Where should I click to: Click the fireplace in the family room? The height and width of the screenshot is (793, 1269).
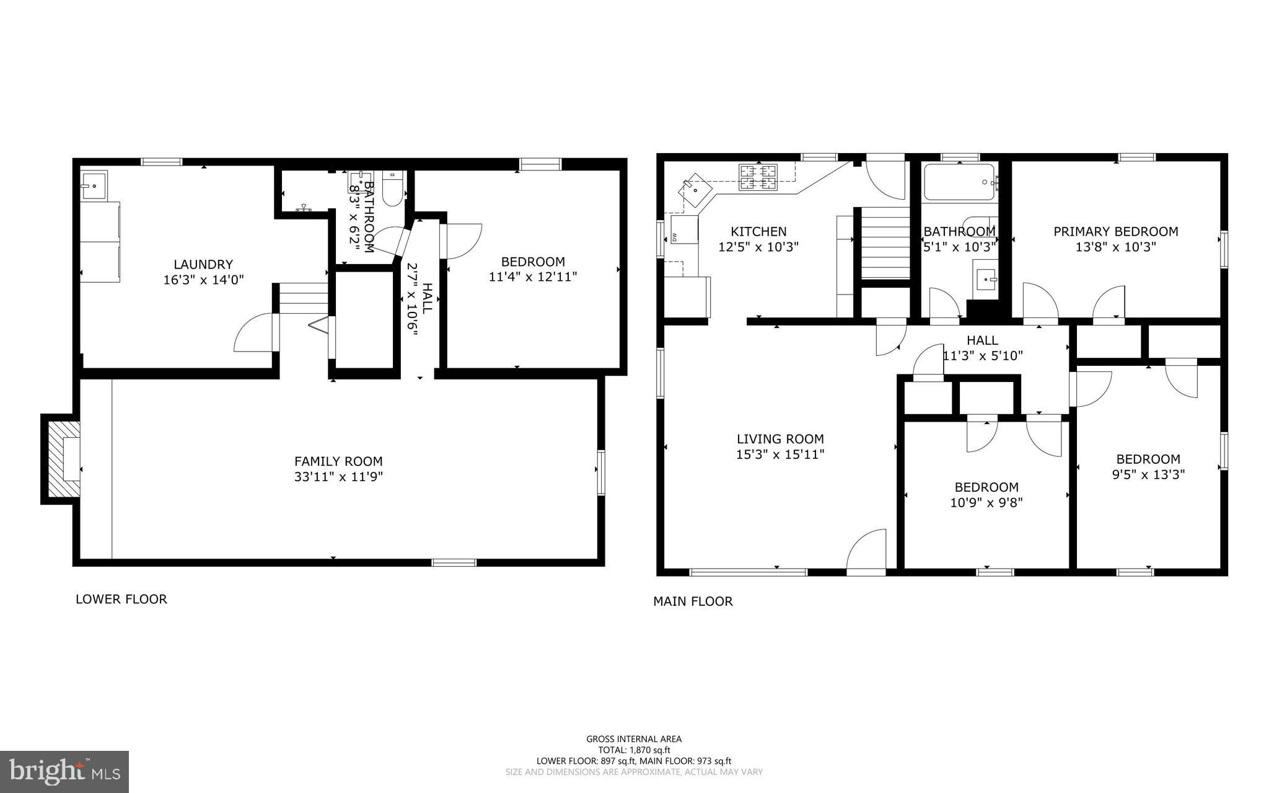pyautogui.click(x=64, y=459)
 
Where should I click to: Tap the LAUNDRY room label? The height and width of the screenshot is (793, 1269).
pyautogui.click(x=203, y=264)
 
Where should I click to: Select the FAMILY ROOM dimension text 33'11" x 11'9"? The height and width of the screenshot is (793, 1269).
pyautogui.click(x=338, y=477)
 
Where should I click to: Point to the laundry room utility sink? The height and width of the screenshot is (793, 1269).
pyautogui.click(x=94, y=184)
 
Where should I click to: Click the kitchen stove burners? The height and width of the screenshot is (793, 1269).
pyautogui.click(x=757, y=177)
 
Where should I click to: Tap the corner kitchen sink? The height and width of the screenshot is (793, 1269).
pyautogui.click(x=695, y=190)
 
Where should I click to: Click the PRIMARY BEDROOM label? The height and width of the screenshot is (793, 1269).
pyautogui.click(x=1115, y=231)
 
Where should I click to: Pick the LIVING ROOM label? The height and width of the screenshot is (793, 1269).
pyautogui.click(x=779, y=439)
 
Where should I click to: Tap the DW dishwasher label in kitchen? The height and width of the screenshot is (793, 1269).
pyautogui.click(x=674, y=236)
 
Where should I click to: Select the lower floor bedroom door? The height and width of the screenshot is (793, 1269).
pyautogui.click(x=463, y=242)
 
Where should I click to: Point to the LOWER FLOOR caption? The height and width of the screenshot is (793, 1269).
pyautogui.click(x=121, y=599)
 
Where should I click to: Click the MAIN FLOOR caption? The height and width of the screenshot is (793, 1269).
pyautogui.click(x=693, y=601)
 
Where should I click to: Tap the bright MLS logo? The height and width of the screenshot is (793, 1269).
pyautogui.click(x=64, y=771)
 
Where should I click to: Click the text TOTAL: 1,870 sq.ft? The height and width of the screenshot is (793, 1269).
pyautogui.click(x=634, y=750)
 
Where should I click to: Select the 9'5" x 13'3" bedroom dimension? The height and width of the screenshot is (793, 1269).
pyautogui.click(x=1148, y=475)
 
